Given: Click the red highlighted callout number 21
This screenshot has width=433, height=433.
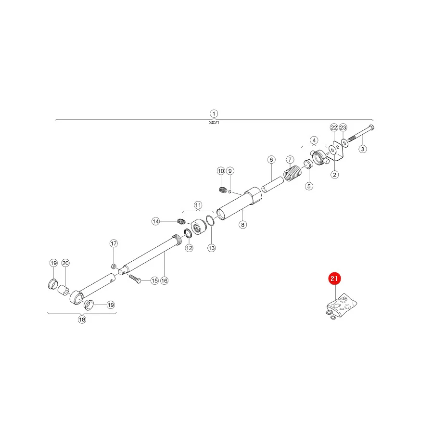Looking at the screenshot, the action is (334, 279).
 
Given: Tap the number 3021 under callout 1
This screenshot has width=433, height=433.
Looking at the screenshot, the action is (214, 123).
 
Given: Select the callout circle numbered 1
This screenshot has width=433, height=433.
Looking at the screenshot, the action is (214, 114).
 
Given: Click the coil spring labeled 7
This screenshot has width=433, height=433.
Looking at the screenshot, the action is (293, 173).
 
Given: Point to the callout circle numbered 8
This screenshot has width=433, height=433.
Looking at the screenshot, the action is (243, 225).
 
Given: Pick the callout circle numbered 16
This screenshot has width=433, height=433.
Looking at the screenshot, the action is (165, 281).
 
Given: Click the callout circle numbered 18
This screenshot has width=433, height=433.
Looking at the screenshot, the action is (82, 319).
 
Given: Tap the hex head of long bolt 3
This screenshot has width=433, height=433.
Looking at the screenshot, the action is (371, 128).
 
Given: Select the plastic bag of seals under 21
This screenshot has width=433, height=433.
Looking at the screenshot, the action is (342, 304).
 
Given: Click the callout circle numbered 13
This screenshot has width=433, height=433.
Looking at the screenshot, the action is (212, 248).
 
